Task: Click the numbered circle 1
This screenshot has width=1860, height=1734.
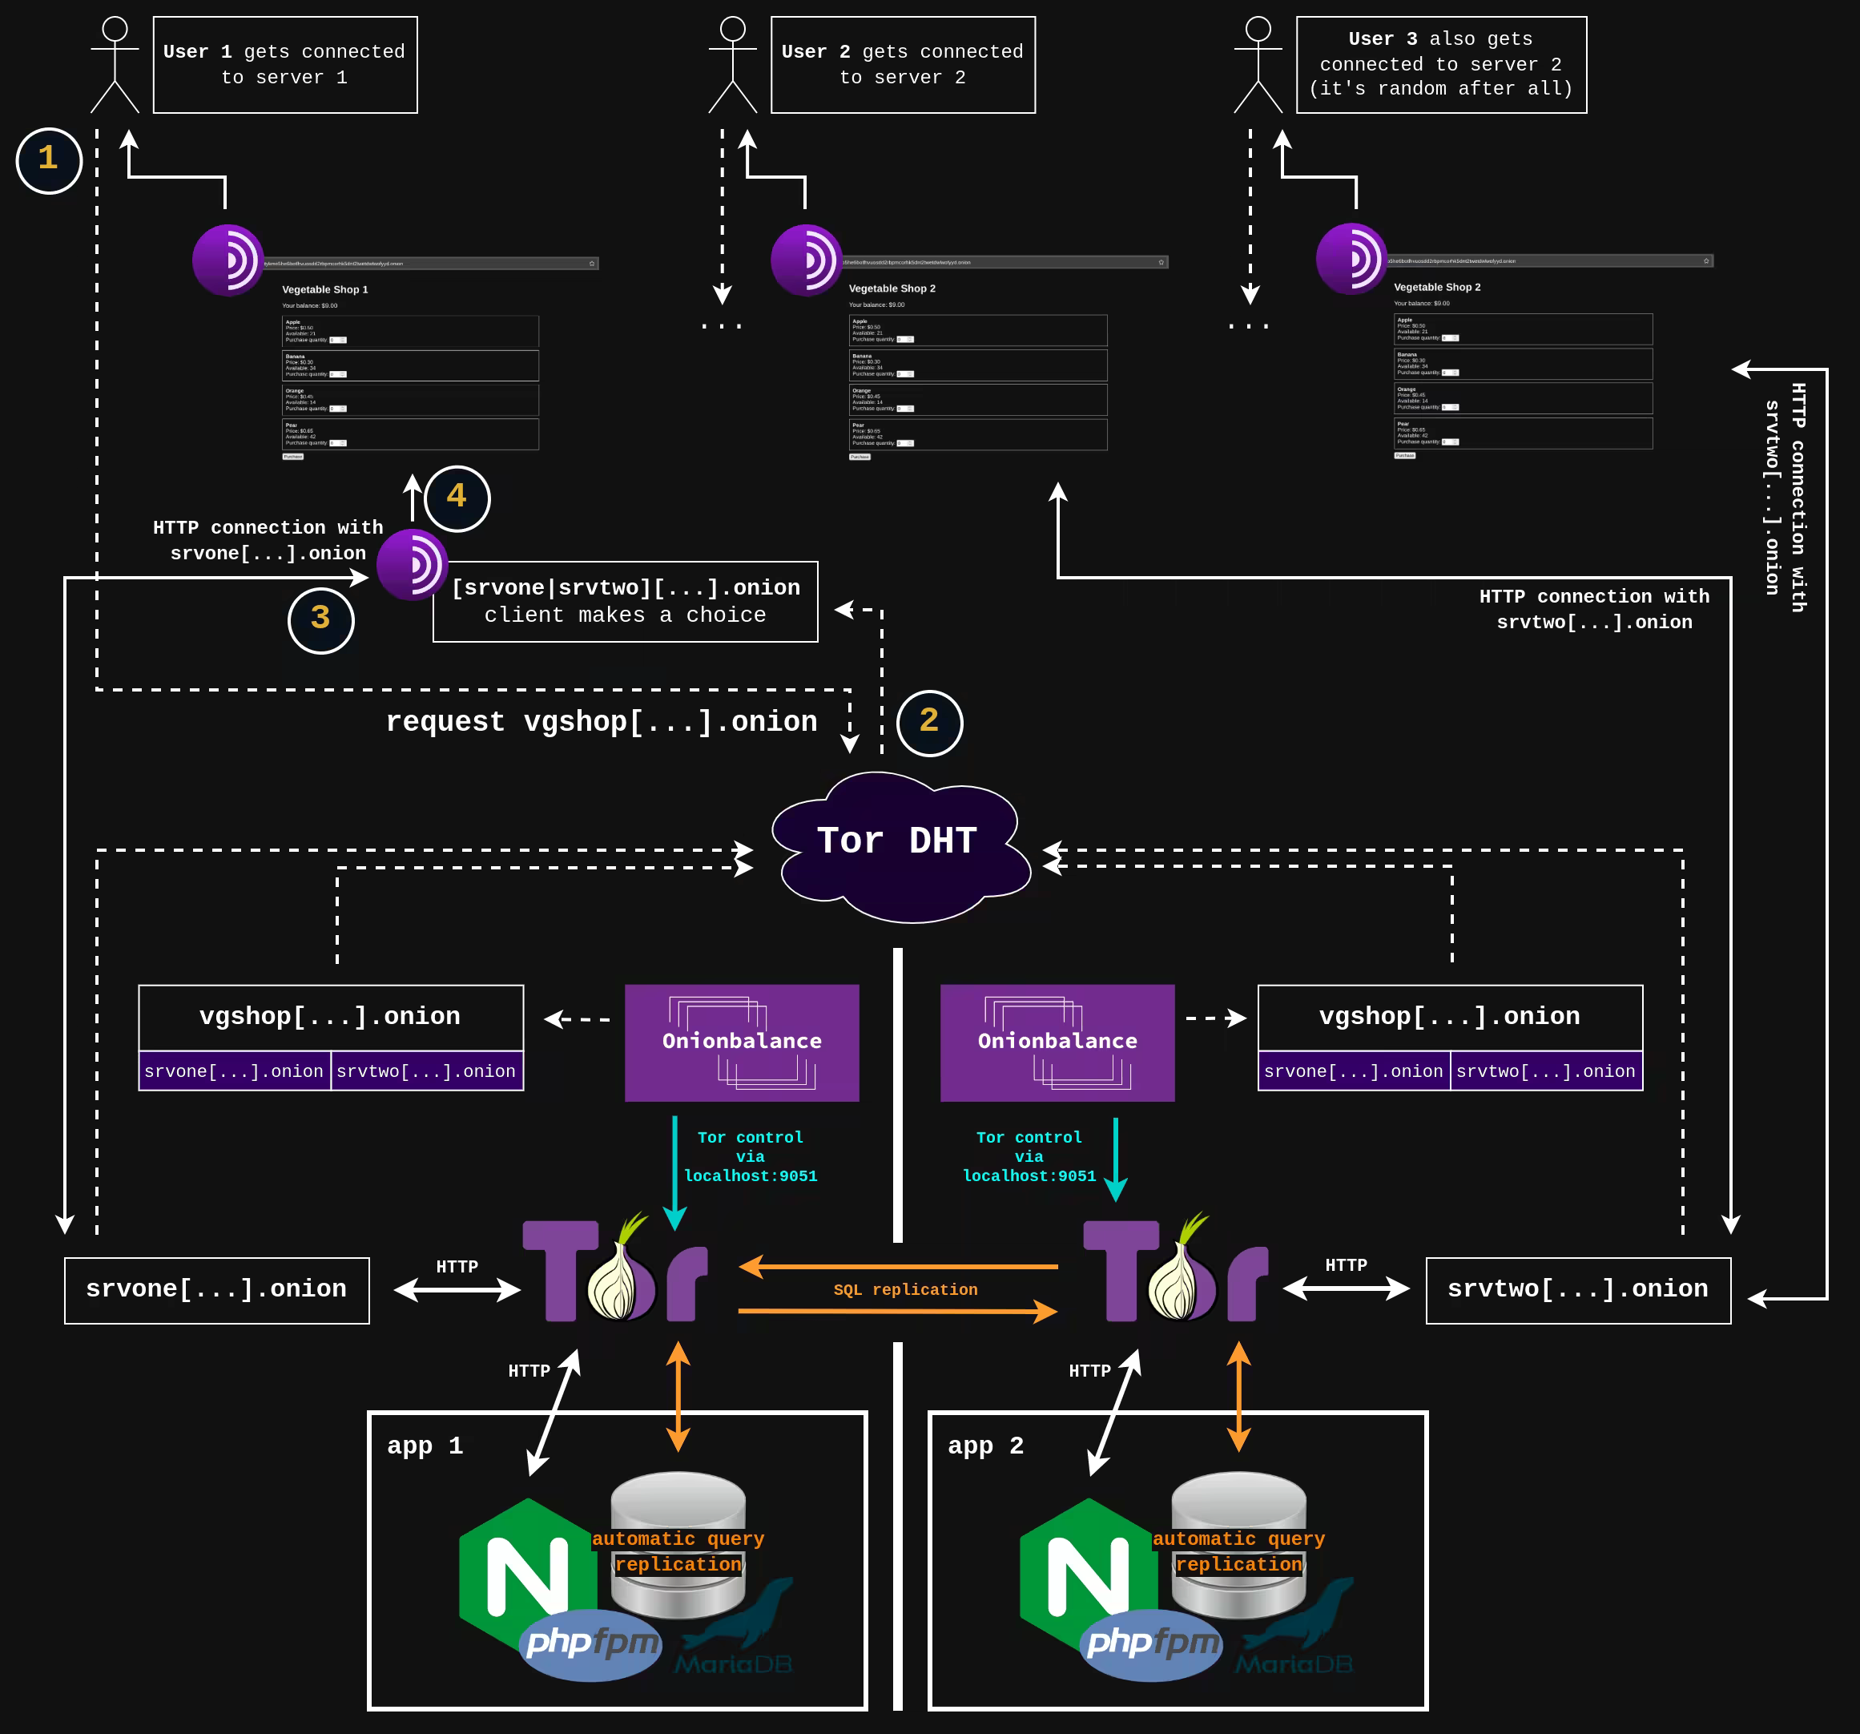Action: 49,160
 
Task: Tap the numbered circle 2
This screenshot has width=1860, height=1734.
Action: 929,723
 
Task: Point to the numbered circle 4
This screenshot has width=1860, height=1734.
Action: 457,498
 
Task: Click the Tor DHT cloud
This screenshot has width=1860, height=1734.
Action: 898,842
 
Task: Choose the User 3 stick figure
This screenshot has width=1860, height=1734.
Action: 1258,66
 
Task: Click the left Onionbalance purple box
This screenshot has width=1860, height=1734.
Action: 742,1042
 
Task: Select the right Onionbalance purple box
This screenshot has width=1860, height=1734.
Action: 1057,1042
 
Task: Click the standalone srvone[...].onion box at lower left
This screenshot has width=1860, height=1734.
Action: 216,1289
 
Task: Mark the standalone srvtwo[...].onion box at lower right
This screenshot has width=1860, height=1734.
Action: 1577,1289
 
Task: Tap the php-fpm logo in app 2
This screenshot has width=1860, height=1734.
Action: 1152,1643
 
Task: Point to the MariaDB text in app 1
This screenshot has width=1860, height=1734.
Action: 734,1663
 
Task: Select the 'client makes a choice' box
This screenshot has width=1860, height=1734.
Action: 625,602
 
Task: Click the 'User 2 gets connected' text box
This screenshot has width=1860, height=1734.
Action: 903,65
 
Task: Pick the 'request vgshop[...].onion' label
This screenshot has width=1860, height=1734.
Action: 601,721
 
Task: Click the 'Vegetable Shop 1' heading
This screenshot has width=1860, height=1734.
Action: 324,290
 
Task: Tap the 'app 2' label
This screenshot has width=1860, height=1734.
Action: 985,1446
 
